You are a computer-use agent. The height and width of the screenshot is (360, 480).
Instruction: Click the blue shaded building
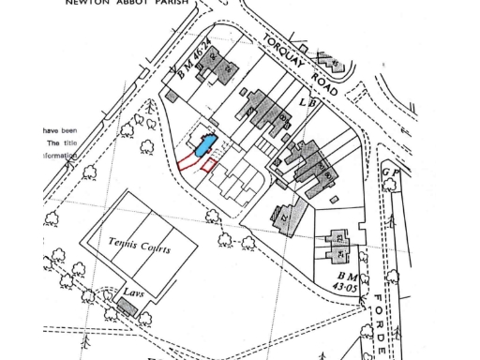(x=205, y=145)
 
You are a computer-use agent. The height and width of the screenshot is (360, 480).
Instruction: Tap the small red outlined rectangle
(x=209, y=166)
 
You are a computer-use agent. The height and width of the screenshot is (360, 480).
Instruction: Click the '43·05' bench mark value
(x=347, y=289)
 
